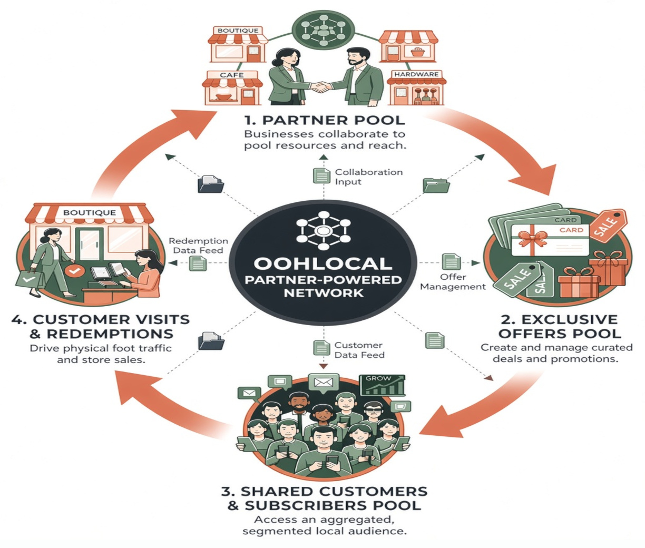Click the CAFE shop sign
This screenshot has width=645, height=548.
[x=232, y=75]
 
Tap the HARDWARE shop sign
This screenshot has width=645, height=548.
[x=416, y=74]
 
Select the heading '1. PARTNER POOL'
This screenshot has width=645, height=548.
[x=325, y=120]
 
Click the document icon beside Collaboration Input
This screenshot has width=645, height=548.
[x=321, y=175]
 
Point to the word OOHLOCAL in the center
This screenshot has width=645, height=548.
[x=322, y=263]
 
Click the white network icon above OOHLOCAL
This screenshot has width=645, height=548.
[x=323, y=231]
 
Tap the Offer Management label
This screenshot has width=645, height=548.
[x=453, y=282]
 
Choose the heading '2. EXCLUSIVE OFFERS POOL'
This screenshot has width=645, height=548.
[x=559, y=326]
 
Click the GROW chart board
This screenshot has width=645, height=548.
[x=382, y=385]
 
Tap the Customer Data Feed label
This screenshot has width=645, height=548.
[x=359, y=350]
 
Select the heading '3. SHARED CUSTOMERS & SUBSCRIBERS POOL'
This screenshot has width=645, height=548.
[x=324, y=498]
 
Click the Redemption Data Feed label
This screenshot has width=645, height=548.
[x=198, y=246]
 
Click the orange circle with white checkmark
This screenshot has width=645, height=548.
[x=74, y=271]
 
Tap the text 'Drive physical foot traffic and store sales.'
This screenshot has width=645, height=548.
[x=101, y=354]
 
